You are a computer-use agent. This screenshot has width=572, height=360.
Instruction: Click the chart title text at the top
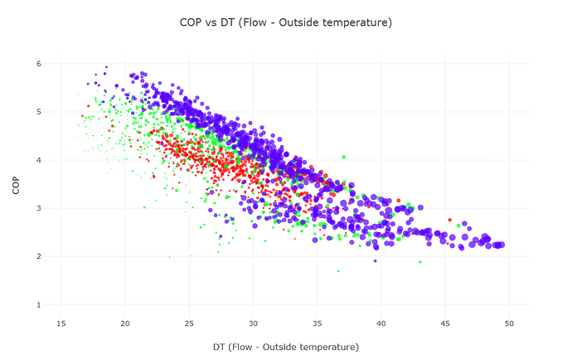285,22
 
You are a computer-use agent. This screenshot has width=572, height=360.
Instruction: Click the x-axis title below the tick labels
285,345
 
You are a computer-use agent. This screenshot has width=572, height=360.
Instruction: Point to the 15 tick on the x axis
61,323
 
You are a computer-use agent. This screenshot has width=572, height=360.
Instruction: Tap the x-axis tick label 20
125,323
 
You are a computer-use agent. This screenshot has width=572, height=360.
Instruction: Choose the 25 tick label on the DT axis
189,323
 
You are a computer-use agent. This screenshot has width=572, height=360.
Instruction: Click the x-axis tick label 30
253,323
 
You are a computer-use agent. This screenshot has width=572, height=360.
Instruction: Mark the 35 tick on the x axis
318,323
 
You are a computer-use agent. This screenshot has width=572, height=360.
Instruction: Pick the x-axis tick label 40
381,323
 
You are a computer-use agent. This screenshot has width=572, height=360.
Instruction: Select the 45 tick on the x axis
445,323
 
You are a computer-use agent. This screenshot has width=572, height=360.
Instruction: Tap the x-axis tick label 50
509,323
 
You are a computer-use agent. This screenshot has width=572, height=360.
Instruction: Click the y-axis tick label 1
39,305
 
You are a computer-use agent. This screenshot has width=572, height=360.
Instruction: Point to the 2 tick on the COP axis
39,257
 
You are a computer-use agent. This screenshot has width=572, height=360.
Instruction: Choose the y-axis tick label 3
39,208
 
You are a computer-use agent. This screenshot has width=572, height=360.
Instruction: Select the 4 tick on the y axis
39,160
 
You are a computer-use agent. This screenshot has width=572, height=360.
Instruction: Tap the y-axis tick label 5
39,112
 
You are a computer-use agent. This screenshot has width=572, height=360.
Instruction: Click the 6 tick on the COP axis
39,64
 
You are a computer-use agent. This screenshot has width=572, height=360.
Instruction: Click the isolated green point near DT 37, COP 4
343,157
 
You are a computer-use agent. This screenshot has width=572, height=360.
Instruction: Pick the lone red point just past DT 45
450,220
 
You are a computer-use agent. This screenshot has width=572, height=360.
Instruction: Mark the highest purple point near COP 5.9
106,67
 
